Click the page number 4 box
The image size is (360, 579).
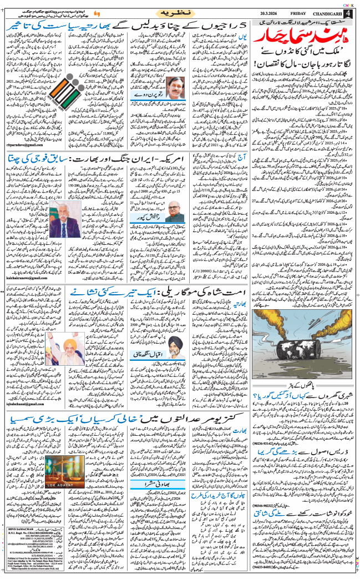349,13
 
